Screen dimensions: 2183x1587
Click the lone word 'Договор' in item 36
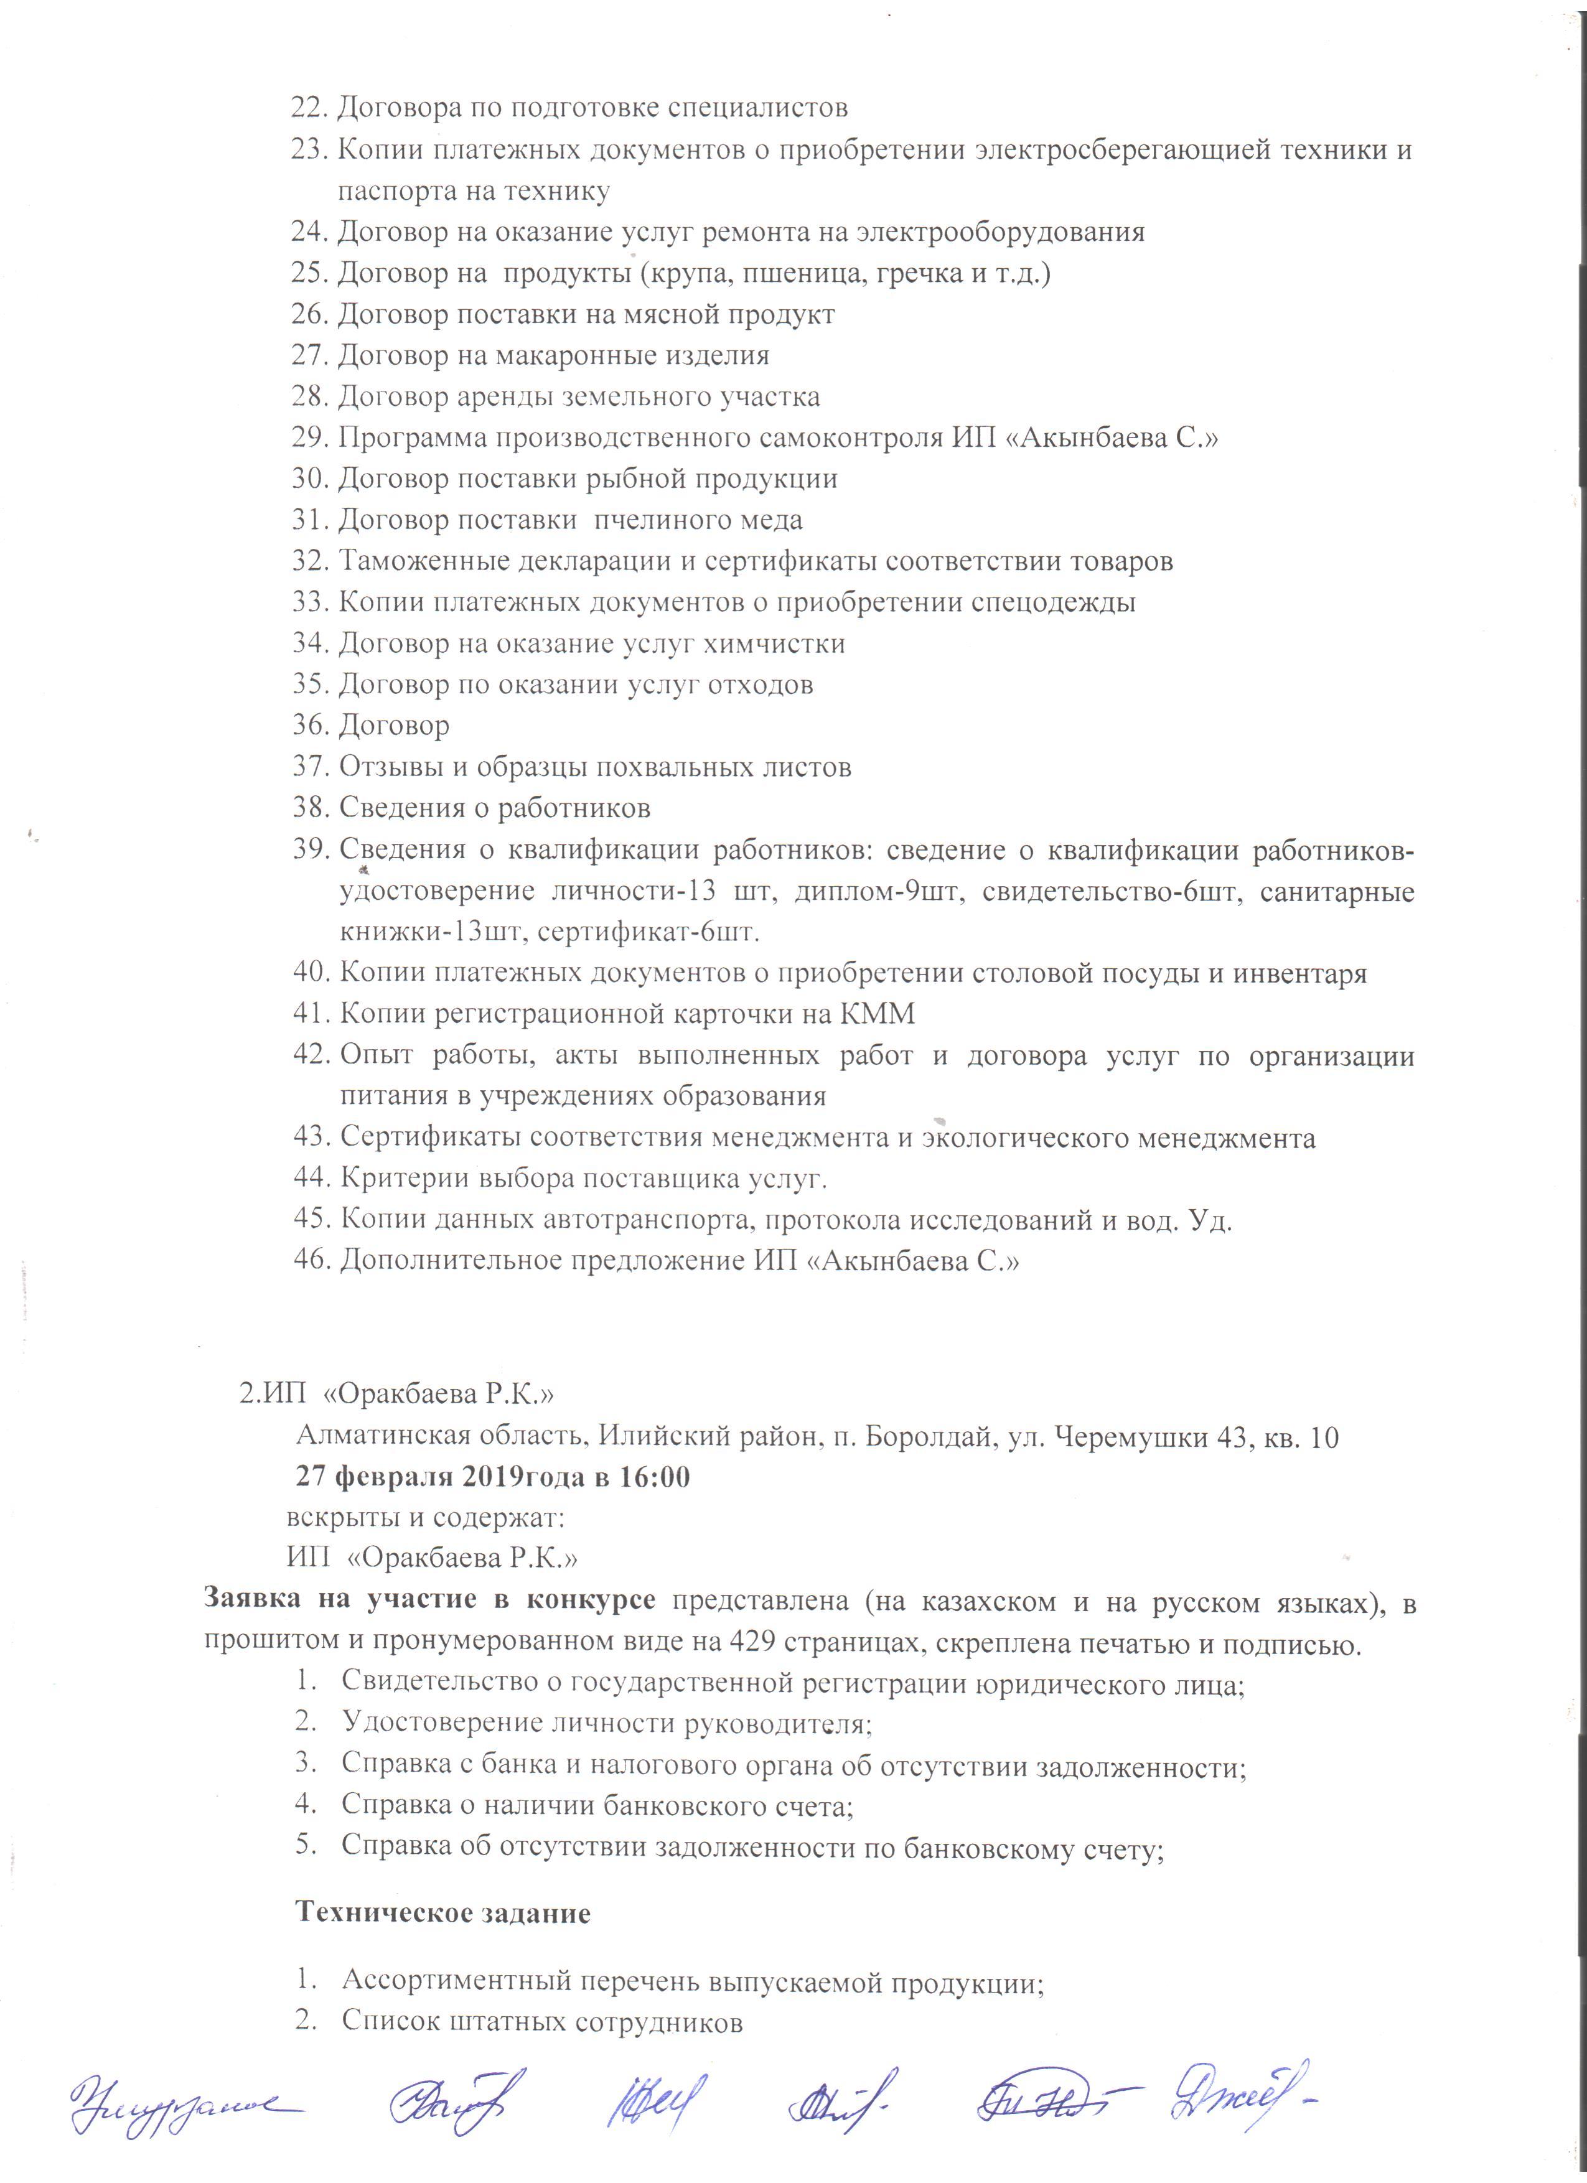point(395,726)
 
